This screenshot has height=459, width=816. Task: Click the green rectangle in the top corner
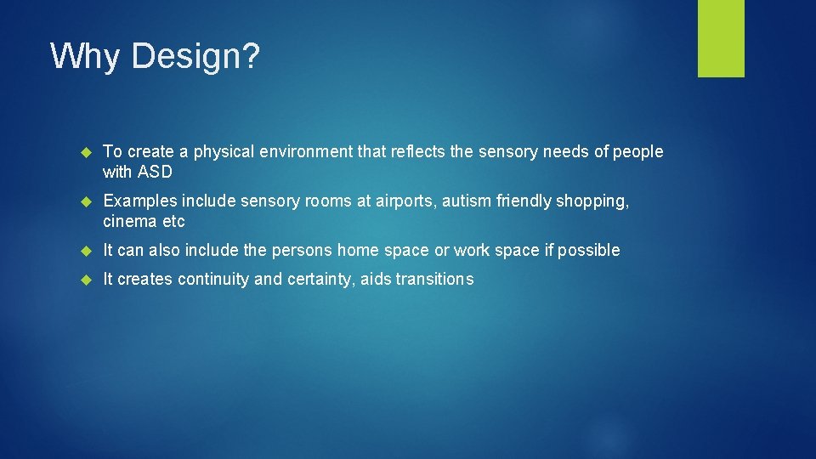click(x=721, y=38)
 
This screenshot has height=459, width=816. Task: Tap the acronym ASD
click(x=154, y=173)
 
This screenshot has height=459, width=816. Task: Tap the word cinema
click(x=131, y=222)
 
